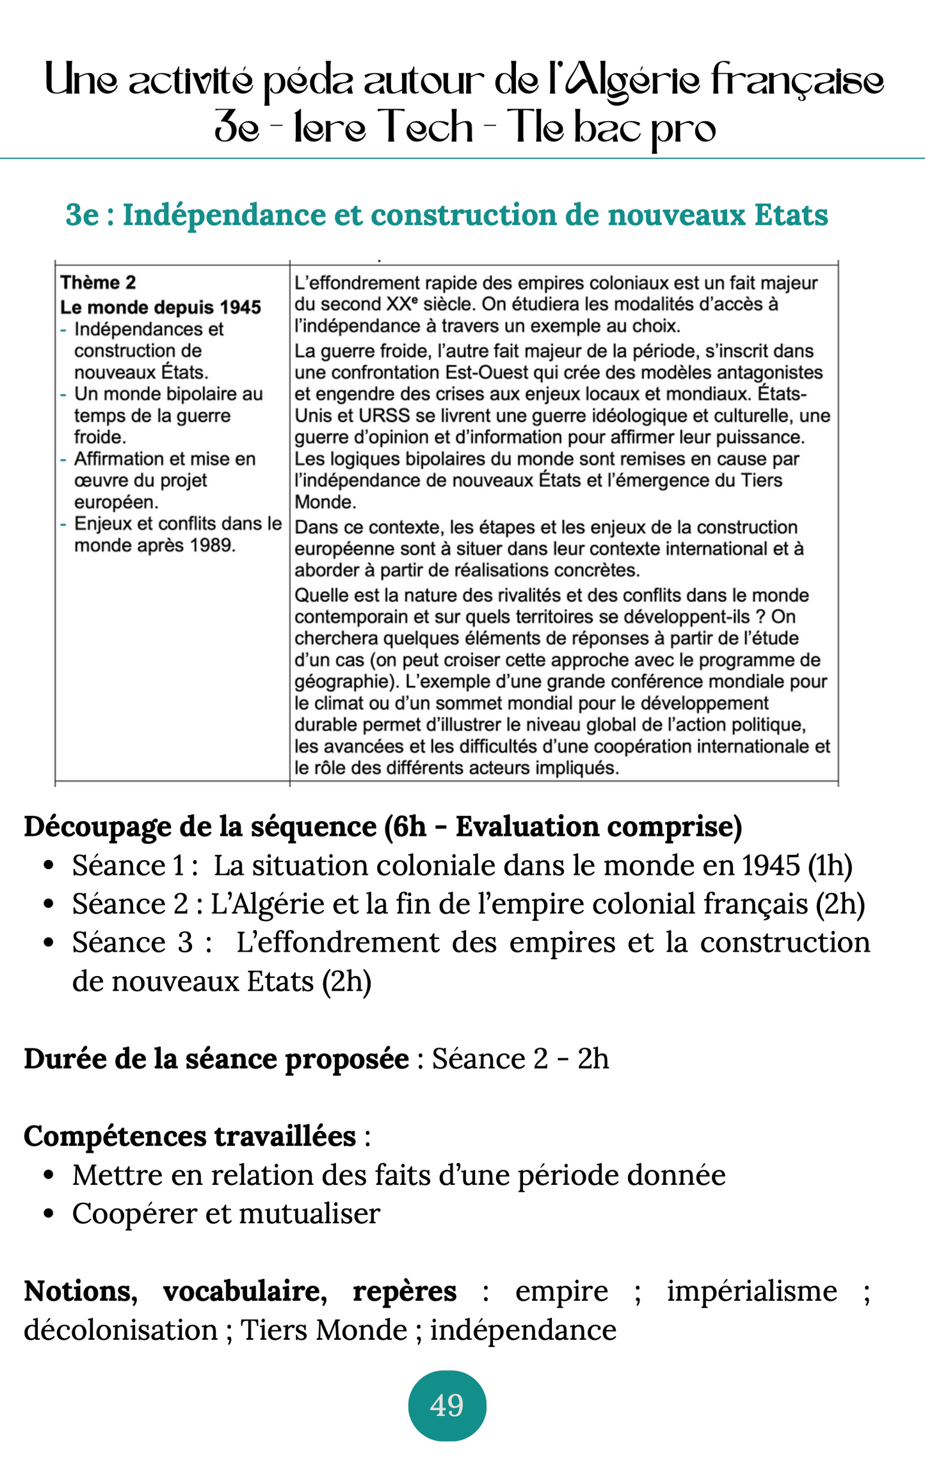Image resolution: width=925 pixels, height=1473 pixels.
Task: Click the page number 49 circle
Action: (447, 1406)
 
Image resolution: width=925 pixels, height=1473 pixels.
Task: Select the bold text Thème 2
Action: (98, 282)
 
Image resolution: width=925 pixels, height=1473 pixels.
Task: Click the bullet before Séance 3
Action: (48, 943)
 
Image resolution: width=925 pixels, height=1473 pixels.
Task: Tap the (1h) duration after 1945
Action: (830, 866)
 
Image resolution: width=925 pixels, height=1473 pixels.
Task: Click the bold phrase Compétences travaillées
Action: (189, 1136)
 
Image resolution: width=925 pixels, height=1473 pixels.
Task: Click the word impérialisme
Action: (752, 1291)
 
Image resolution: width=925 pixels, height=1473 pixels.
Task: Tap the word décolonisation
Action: (120, 1330)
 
